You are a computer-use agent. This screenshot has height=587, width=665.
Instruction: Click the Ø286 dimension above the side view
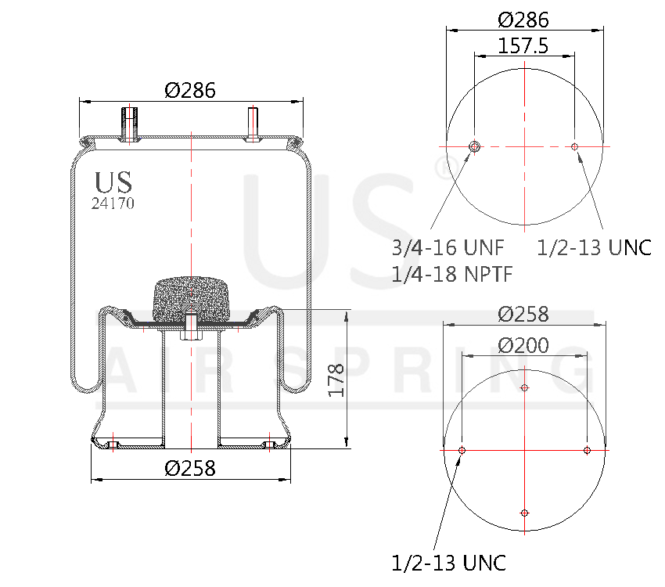(x=190, y=90)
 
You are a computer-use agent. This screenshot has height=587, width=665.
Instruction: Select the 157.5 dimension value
(x=523, y=46)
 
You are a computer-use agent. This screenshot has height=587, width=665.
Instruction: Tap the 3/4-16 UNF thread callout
(x=448, y=248)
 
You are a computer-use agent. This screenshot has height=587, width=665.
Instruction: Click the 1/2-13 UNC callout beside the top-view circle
(x=595, y=248)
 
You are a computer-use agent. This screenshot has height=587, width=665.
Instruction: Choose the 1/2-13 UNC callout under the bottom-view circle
(x=448, y=562)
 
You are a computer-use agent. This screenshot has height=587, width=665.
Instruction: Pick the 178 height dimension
(x=336, y=380)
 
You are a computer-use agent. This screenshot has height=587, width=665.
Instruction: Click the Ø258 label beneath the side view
(x=190, y=469)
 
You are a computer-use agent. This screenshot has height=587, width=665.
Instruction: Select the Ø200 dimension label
(x=523, y=345)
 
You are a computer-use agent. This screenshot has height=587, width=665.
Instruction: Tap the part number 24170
(x=113, y=203)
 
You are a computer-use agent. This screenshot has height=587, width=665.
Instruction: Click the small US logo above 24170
(x=113, y=182)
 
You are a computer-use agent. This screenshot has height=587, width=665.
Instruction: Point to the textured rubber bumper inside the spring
(x=190, y=298)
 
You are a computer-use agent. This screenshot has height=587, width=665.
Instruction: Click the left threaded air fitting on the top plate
(x=129, y=124)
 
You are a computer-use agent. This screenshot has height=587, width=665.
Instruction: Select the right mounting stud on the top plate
(x=253, y=124)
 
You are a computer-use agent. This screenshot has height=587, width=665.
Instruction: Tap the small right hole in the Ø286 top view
(x=575, y=146)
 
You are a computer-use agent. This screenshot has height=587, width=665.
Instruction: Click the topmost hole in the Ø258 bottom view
(x=524, y=387)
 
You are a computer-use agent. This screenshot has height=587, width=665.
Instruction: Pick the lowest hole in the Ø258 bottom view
(x=524, y=513)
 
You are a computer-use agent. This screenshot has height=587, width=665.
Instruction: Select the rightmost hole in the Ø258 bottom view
(x=587, y=450)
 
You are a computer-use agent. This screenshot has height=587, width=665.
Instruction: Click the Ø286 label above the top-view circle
(x=523, y=20)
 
